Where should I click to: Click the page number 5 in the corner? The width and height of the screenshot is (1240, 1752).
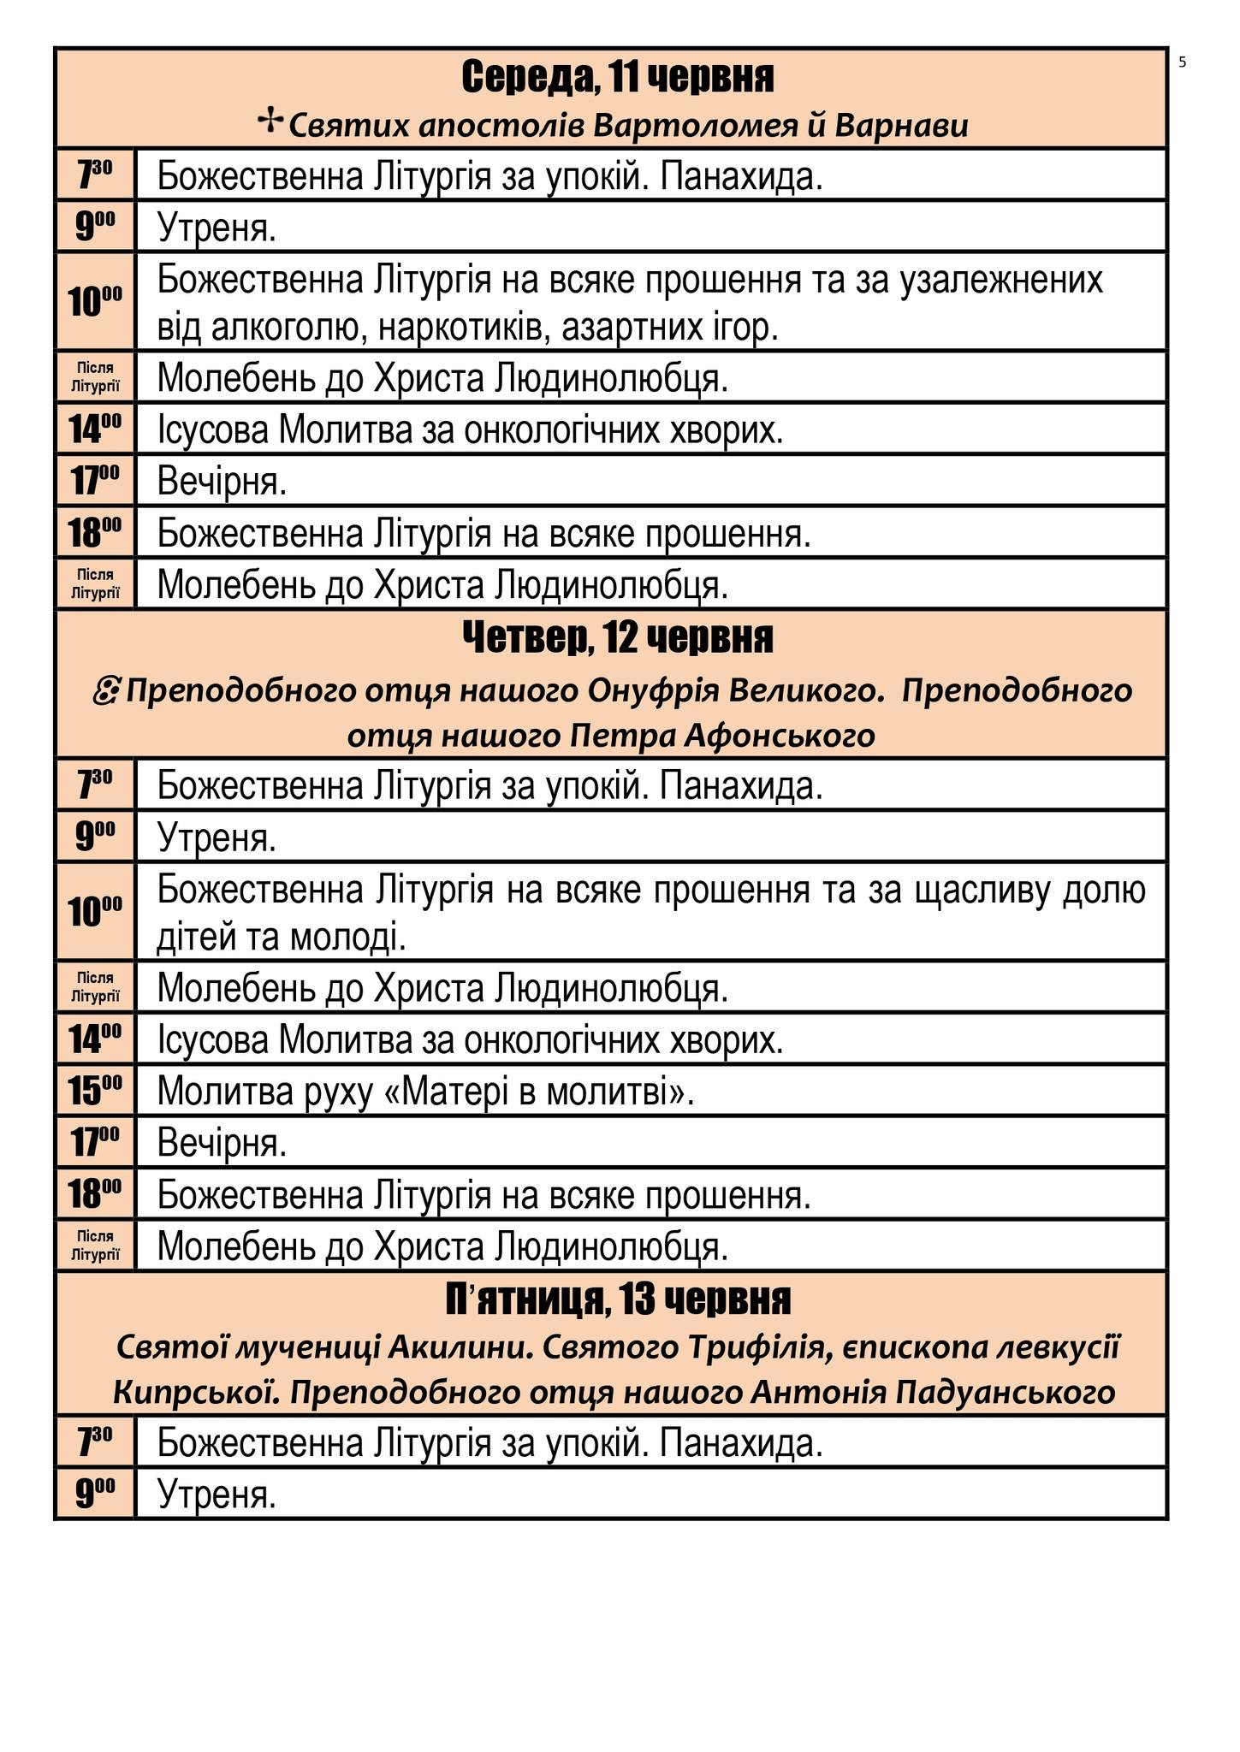click(1182, 62)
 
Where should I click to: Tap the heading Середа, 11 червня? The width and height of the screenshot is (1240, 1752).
click(617, 78)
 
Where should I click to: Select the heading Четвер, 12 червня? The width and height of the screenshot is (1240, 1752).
click(617, 638)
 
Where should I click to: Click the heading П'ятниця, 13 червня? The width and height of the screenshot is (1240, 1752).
click(618, 1299)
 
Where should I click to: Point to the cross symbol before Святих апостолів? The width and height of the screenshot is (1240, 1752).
click(270, 122)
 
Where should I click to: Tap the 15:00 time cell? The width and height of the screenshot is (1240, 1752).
click(95, 1090)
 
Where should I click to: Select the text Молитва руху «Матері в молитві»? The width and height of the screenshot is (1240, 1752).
click(425, 1091)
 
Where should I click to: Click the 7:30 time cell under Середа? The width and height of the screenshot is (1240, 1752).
click(95, 175)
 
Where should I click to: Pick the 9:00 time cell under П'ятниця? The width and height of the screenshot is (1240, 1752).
click(95, 1494)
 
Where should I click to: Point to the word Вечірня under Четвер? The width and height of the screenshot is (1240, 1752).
click(222, 1143)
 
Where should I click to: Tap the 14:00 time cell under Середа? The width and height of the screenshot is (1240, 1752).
click(95, 429)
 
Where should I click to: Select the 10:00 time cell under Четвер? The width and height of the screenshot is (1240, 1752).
click(95, 911)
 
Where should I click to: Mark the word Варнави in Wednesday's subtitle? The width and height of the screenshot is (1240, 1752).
click(901, 126)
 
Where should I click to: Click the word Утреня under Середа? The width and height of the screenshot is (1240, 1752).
click(217, 228)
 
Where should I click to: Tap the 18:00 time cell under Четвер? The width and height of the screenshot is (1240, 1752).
click(95, 1193)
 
